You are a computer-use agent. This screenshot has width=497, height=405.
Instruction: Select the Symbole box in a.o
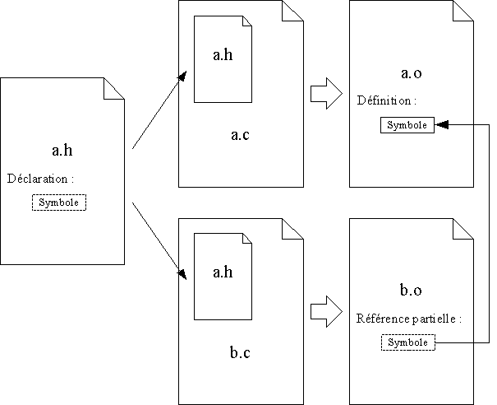pyautogui.click(x=407, y=125)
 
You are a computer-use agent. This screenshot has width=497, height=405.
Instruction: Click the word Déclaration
pyautogui.click(x=40, y=179)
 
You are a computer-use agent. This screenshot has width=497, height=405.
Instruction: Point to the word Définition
pyautogui.click(x=387, y=101)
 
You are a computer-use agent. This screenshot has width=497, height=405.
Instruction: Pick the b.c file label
pyautogui.click(x=240, y=354)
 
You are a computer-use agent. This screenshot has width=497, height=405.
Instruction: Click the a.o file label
pyautogui.click(x=411, y=74)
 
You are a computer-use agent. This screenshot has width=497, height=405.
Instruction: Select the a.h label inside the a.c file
pyautogui.click(x=223, y=55)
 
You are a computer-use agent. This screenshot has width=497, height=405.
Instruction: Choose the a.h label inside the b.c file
pyautogui.click(x=223, y=272)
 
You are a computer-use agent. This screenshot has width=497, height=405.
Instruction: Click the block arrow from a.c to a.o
pyautogui.click(x=325, y=93)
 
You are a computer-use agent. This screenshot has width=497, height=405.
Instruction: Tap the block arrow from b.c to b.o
pyautogui.click(x=325, y=311)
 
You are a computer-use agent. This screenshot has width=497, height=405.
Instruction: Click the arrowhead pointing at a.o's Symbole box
pyautogui.click(x=441, y=125)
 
